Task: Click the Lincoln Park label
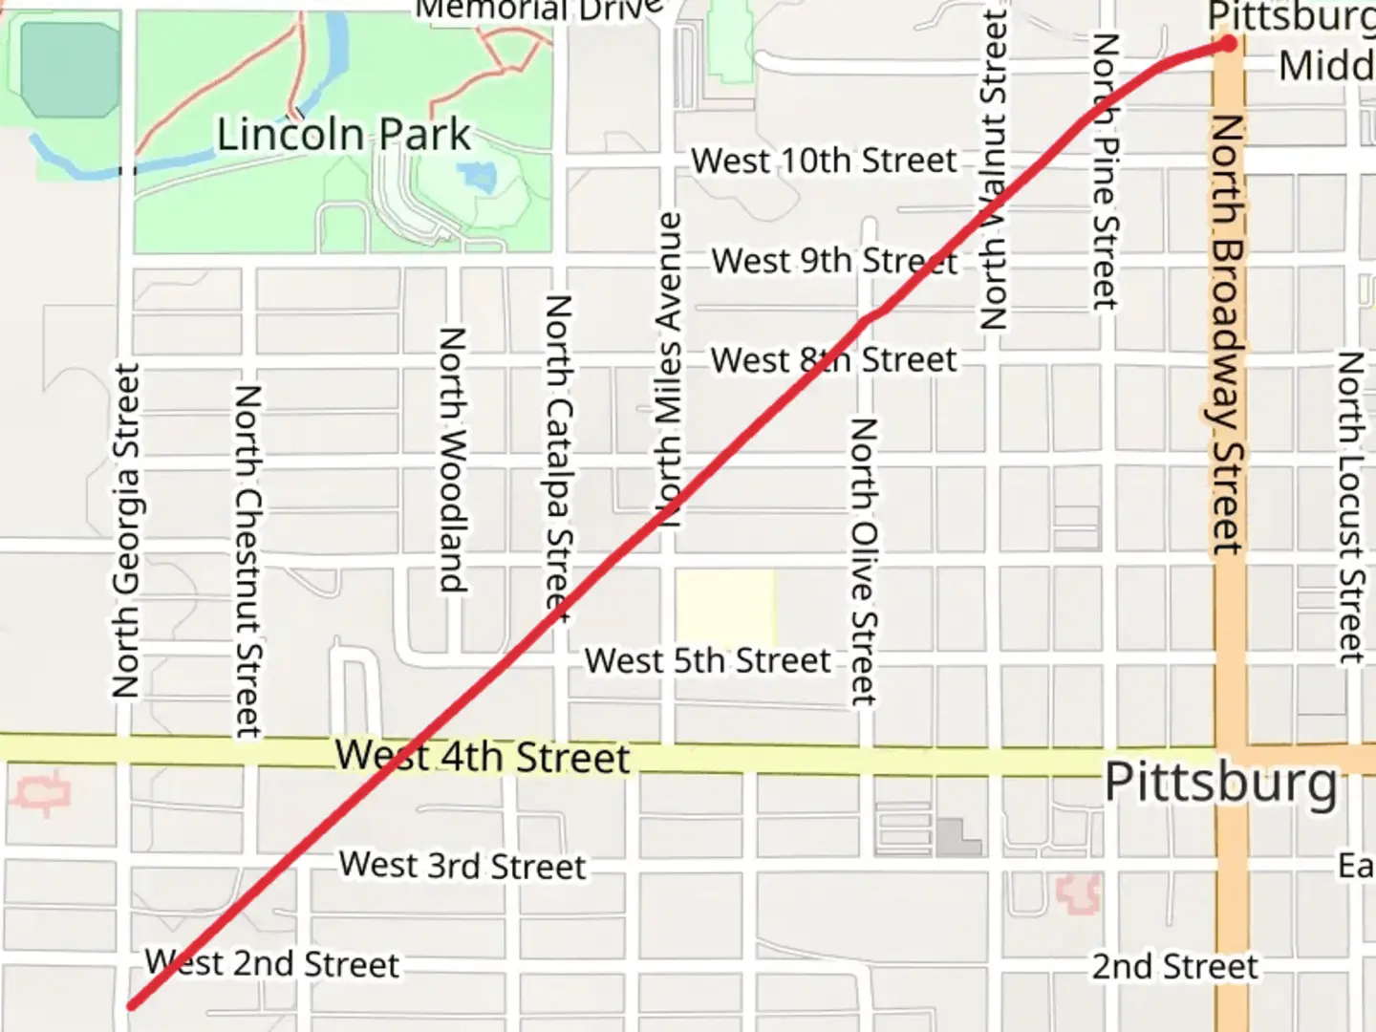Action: (343, 135)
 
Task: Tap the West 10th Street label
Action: (824, 161)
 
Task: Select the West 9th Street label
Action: (834, 261)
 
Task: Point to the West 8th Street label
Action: (833, 360)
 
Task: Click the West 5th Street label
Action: (707, 660)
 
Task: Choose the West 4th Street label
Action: (483, 757)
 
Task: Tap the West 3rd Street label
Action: (462, 866)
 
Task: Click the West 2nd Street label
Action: (272, 963)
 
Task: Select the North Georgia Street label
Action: (126, 530)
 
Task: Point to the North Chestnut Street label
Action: (247, 561)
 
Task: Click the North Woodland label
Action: (452, 460)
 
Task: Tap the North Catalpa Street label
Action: (558, 459)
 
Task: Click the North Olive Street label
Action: (863, 562)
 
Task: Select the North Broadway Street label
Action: (1227, 334)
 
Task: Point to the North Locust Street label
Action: (1349, 506)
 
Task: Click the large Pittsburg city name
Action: (1220, 784)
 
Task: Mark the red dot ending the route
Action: (1228, 43)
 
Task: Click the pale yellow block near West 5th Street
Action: (725, 608)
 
